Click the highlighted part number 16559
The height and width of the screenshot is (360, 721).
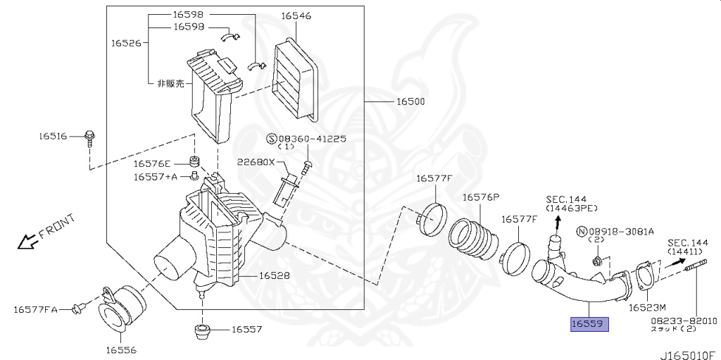(x=589, y=323)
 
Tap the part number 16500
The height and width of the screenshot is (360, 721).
(x=410, y=101)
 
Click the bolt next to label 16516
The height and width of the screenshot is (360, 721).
(x=89, y=137)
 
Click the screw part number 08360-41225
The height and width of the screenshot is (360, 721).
(x=312, y=139)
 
